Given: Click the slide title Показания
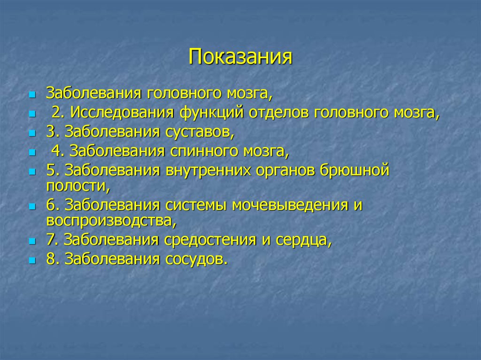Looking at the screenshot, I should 240,57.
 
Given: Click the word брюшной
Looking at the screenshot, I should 357,170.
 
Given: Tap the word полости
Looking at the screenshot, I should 78,186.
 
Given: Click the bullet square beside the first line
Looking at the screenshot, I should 32,94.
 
